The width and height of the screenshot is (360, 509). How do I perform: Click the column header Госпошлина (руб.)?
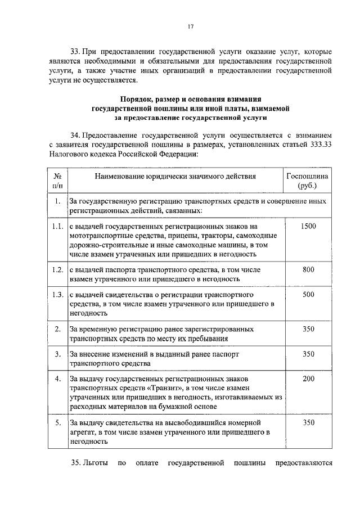[308, 181]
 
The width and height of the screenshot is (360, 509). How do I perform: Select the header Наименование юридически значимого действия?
[175, 176]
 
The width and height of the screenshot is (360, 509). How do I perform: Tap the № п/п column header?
[57, 181]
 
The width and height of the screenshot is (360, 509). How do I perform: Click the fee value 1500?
[308, 226]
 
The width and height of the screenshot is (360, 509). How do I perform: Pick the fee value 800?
[308, 269]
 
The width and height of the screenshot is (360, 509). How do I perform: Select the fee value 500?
[308, 294]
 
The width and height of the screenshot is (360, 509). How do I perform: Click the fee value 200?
[308, 379]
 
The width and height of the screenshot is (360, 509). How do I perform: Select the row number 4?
[57, 379]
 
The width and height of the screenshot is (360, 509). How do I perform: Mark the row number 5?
[57, 421]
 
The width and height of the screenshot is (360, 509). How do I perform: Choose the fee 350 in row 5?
[308, 421]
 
